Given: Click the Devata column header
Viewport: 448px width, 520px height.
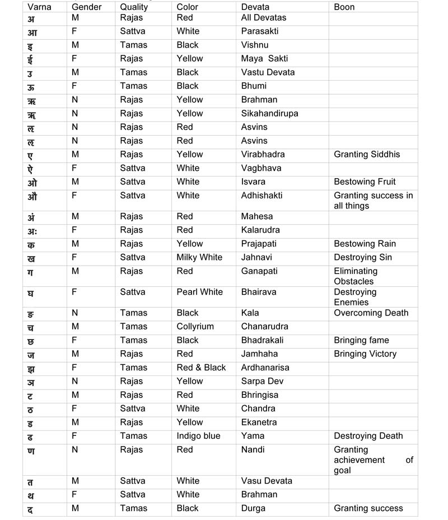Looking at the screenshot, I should (255, 7).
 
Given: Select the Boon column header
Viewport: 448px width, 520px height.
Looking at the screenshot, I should (344, 7).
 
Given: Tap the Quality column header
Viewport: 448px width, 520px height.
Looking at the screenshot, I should (134, 7).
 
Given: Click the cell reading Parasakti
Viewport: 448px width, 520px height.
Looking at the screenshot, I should (259, 31).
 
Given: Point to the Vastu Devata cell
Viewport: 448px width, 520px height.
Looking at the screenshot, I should (268, 72).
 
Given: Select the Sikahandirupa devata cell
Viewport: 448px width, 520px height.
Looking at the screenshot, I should (269, 113).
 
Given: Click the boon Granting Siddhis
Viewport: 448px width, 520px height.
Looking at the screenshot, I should (367, 154).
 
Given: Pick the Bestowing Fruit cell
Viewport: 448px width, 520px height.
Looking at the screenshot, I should (365, 182).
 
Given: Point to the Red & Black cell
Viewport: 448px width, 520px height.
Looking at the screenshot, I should (201, 368).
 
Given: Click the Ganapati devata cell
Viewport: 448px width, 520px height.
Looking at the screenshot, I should (259, 271).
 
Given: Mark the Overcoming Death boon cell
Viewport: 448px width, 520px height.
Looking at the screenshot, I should (371, 313).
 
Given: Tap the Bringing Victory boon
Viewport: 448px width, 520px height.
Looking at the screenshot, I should (365, 354).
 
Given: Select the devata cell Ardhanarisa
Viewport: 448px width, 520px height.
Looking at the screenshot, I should (265, 368).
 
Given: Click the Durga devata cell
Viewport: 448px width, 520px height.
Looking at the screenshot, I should (253, 508).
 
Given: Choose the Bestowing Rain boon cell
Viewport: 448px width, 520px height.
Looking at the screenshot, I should (365, 244).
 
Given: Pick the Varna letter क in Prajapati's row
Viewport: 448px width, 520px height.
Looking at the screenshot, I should (31, 245).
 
